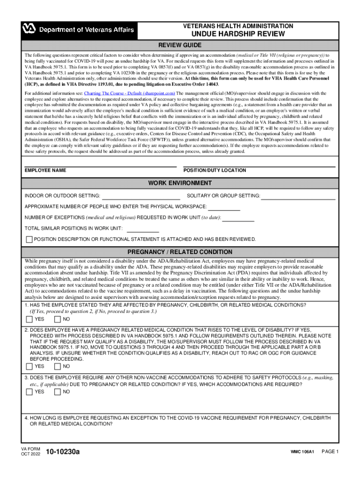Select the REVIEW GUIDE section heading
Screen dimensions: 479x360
click(x=180, y=45)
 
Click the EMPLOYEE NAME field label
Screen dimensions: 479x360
click(x=45, y=171)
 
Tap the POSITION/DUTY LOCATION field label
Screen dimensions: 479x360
click(x=215, y=171)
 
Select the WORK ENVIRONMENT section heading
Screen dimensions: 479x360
click(x=180, y=183)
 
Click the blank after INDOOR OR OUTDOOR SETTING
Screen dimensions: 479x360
click(x=141, y=196)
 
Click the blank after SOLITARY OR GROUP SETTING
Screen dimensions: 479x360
click(x=298, y=196)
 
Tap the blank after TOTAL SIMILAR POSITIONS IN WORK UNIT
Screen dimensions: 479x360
click(x=143, y=229)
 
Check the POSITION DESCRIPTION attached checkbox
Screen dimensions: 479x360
click(x=29, y=239)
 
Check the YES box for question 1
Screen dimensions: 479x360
click(x=29, y=319)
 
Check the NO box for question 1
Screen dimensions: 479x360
click(x=58, y=319)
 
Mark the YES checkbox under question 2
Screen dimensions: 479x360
click(x=29, y=366)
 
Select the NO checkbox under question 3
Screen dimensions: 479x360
click(x=58, y=392)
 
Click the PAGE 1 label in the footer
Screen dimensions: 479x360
click(x=330, y=452)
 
